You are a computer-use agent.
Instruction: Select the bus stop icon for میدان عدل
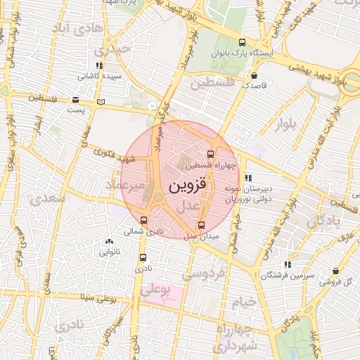(202, 226)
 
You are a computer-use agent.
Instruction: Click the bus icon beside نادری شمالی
(144, 220)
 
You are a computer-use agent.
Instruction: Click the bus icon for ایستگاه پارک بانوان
(243, 42)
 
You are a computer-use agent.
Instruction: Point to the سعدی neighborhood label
(48, 198)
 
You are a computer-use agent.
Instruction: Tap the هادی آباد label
(78, 29)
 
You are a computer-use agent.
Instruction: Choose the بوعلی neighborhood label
(156, 289)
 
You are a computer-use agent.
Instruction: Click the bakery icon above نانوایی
(109, 242)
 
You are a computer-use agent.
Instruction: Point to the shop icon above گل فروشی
(337, 271)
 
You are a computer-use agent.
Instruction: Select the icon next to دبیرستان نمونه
(247, 177)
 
